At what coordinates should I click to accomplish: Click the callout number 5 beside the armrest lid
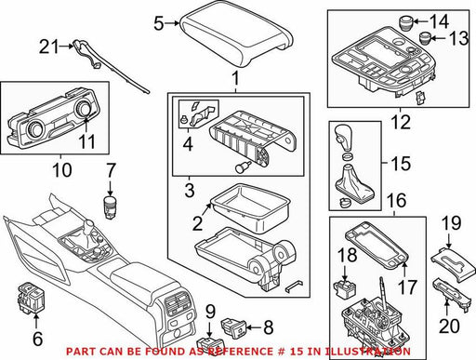tap(159, 23)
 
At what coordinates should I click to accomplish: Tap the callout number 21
tap(48, 47)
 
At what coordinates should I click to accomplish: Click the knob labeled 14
tap(405, 22)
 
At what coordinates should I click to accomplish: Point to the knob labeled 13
tap(425, 38)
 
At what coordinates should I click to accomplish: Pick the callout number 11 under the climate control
tap(87, 141)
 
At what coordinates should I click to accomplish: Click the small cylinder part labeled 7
tap(110, 207)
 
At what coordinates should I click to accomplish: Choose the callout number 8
tap(268, 327)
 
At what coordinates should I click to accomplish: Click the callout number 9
tap(210, 312)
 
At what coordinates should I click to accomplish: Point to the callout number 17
tap(408, 287)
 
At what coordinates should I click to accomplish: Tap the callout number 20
tap(450, 326)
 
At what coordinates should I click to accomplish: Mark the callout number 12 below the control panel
tap(401, 122)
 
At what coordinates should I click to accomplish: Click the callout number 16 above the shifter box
tap(397, 200)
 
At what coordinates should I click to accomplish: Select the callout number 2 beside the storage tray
tap(197, 223)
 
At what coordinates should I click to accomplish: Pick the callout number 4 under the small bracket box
tap(188, 144)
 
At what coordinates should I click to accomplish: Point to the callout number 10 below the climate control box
tap(62, 170)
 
